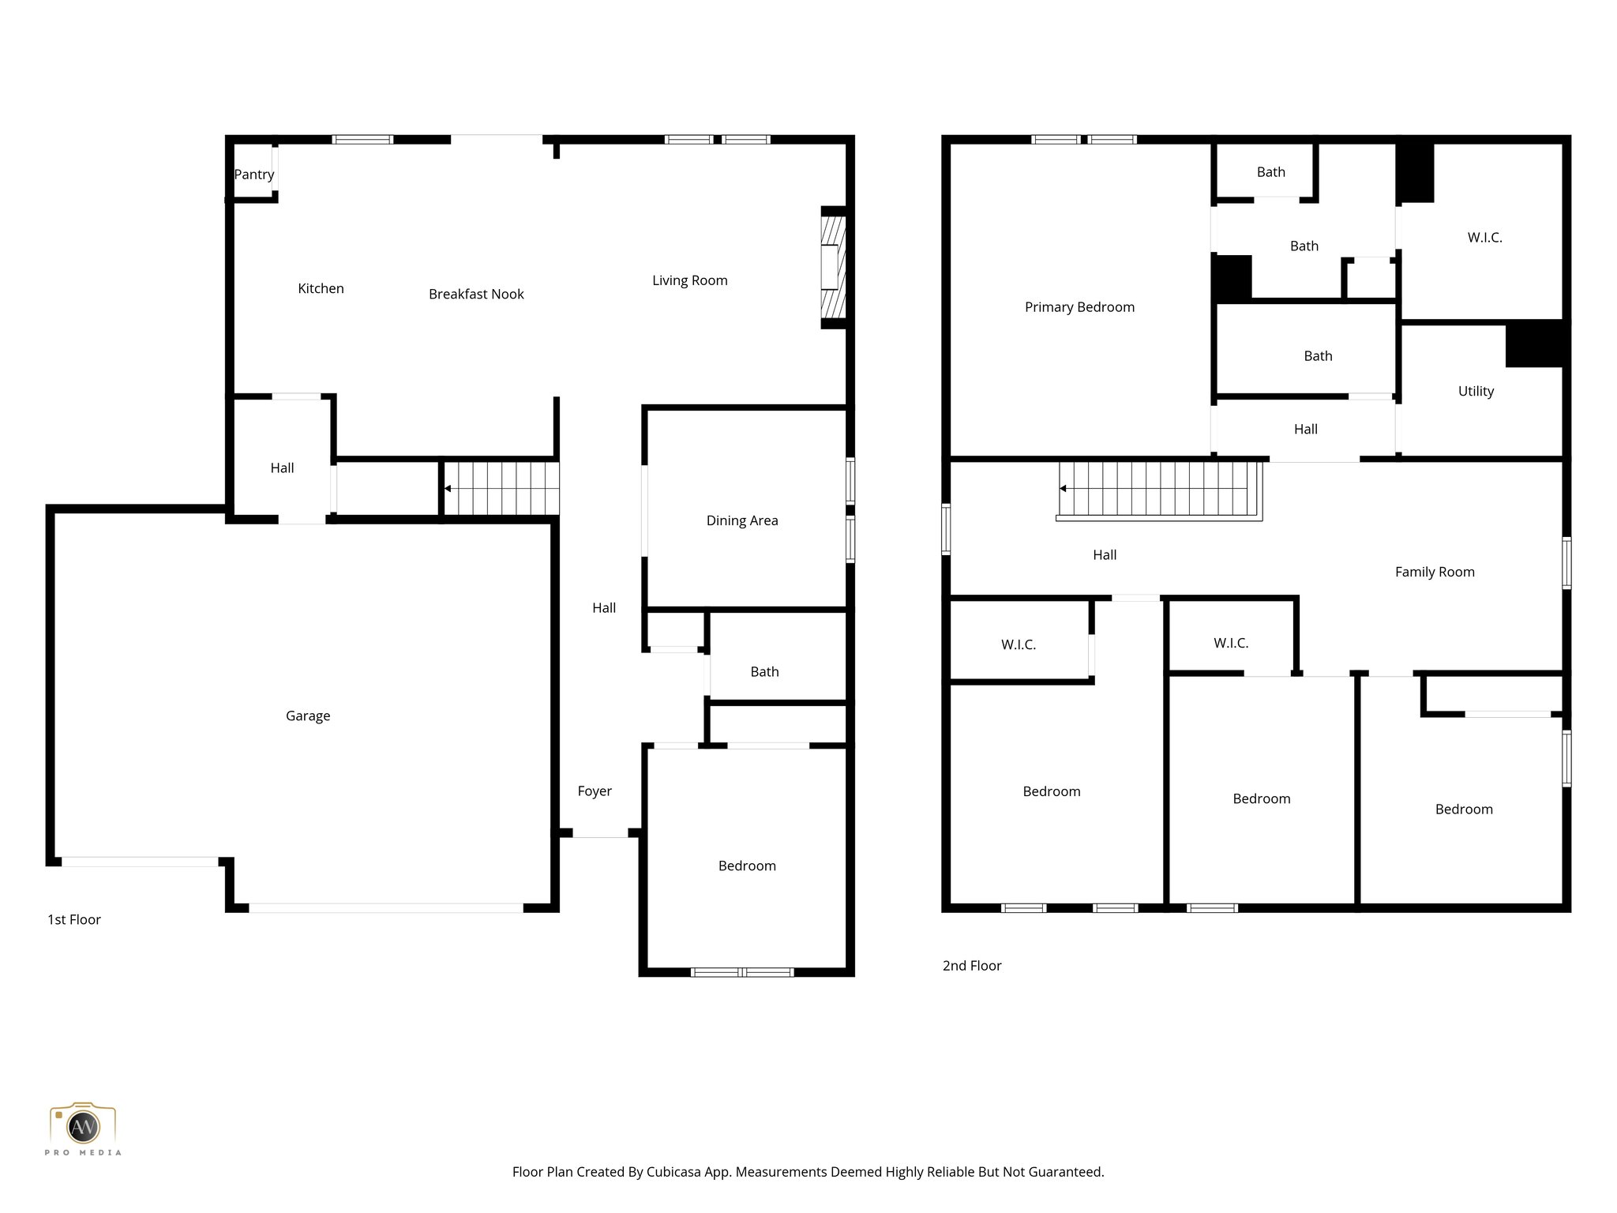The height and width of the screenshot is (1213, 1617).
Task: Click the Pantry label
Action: pos(254,175)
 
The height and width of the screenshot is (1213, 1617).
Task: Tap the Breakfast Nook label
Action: pos(476,294)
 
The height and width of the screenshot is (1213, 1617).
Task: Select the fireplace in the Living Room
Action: pos(833,268)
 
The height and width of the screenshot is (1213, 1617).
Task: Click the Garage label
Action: pos(308,715)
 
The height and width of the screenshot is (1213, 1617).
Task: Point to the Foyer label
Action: pos(595,791)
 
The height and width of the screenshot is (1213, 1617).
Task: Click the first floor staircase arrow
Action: pos(448,489)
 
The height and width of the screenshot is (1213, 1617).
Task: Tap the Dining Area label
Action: pos(742,520)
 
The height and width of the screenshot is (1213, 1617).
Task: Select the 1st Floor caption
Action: pos(74,919)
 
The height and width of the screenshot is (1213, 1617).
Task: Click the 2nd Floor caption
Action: pos(972,965)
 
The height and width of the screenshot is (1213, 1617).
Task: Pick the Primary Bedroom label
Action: pos(1079,307)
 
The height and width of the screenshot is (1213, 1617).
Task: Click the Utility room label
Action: pos(1476,391)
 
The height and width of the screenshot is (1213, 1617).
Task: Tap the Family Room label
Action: pos(1435,572)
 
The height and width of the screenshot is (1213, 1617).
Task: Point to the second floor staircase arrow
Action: pos(1064,489)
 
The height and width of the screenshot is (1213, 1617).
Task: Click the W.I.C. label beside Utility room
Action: pos(1484,238)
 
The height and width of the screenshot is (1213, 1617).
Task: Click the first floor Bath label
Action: pos(764,671)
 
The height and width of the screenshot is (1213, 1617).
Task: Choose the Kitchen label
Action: pos(321,288)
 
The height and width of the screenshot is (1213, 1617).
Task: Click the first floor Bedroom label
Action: pos(747,866)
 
